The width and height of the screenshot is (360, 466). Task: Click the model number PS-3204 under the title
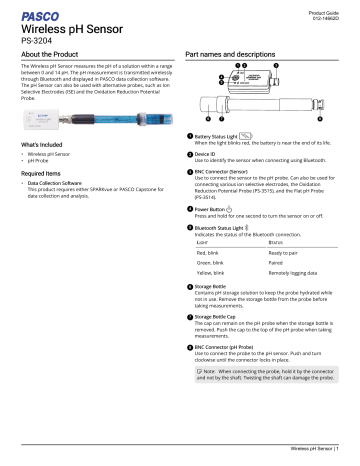tap(31, 43)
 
